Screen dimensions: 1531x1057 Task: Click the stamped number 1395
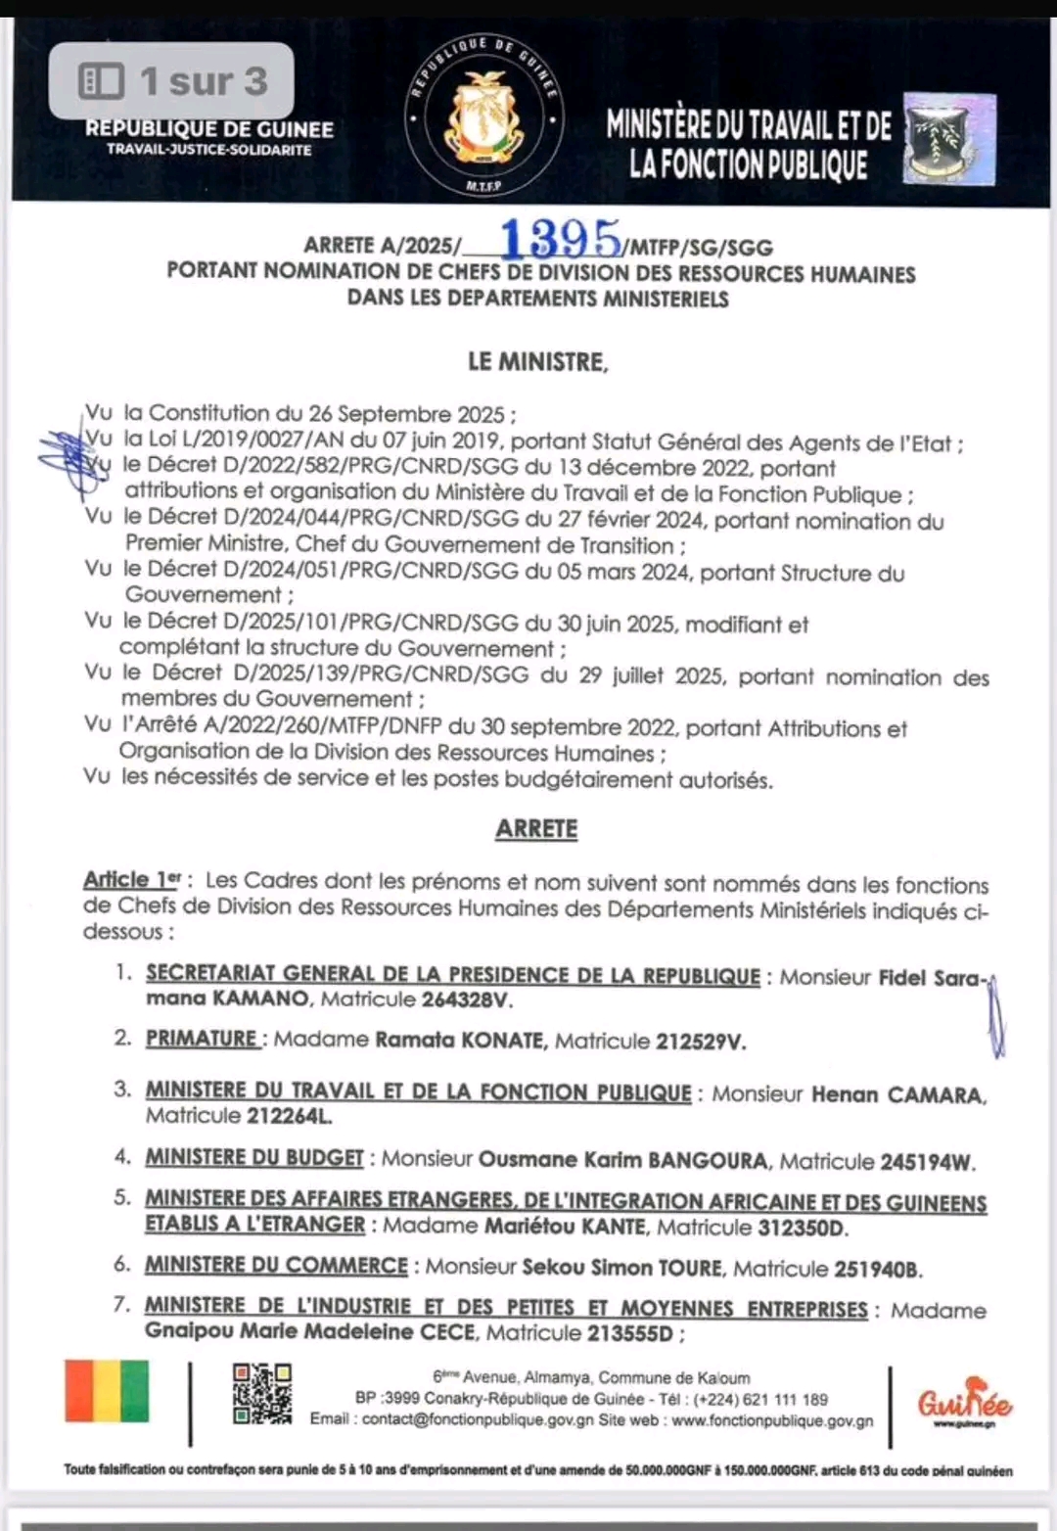[560, 239]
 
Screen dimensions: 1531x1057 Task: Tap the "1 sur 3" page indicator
[172, 81]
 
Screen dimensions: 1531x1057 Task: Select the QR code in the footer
[261, 1393]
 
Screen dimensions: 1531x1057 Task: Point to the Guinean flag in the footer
[108, 1391]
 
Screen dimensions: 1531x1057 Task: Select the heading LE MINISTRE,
[537, 362]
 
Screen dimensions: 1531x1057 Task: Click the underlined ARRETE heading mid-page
[536, 829]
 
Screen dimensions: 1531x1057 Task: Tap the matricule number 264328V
[467, 1000]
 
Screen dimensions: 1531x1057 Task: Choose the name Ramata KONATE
[460, 1041]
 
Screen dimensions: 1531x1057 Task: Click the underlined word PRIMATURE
[202, 1039]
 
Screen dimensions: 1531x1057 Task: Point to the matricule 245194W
[926, 1163]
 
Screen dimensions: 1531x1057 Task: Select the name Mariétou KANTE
[565, 1227]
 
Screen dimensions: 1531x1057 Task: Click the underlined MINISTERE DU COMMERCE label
[276, 1266]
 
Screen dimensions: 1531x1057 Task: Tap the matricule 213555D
[630, 1333]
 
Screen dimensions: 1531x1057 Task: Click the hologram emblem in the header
[948, 138]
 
